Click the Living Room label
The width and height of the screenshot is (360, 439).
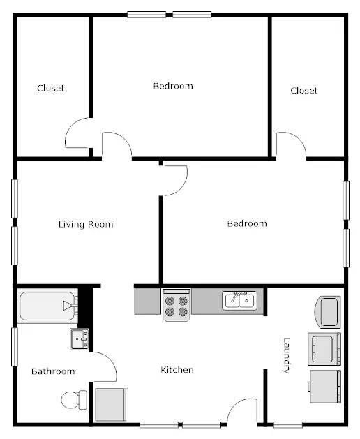pos(86,224)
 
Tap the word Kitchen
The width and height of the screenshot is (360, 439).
pos(177,370)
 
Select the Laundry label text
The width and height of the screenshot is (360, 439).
pos(286,355)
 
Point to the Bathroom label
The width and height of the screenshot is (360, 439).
pos(53,371)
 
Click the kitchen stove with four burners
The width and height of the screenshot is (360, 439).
pos(177,304)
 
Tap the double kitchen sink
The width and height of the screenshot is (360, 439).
pos(239,301)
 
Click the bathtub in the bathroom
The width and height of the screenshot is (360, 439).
pos(47,306)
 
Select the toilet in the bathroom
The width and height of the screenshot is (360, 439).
pos(74,399)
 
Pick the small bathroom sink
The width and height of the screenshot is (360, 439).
pos(80,339)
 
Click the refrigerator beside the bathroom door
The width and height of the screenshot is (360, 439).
pos(112,404)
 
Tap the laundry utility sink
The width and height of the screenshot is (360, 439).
pos(329,312)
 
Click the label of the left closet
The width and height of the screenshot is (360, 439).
pos(50,88)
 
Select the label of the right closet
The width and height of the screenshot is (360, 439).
pos(303,91)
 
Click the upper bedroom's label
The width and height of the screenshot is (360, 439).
pos(173,86)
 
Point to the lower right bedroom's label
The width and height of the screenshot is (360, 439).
pos(247,223)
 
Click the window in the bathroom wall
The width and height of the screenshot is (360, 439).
pos(15,347)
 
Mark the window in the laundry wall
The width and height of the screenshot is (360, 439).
pos(287,425)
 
